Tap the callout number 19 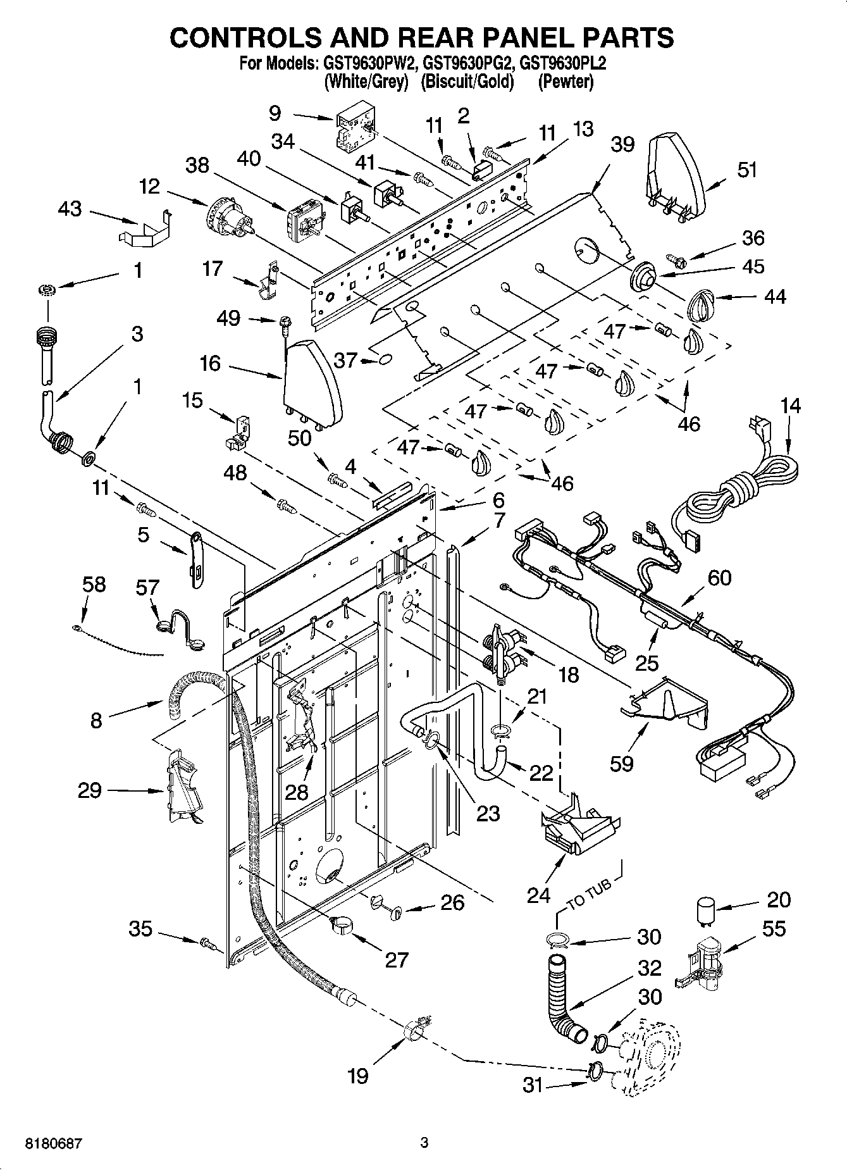[x=358, y=1075]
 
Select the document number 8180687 [x=54, y=1143]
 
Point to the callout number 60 [x=719, y=577]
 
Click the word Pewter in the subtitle [x=566, y=82]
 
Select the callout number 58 [x=94, y=584]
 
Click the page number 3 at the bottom [x=424, y=1143]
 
